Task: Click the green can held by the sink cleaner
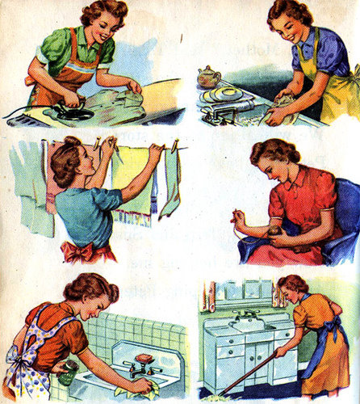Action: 68,372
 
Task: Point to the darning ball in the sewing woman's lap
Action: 274,235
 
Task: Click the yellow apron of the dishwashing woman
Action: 331,81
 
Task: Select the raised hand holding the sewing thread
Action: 241,219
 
